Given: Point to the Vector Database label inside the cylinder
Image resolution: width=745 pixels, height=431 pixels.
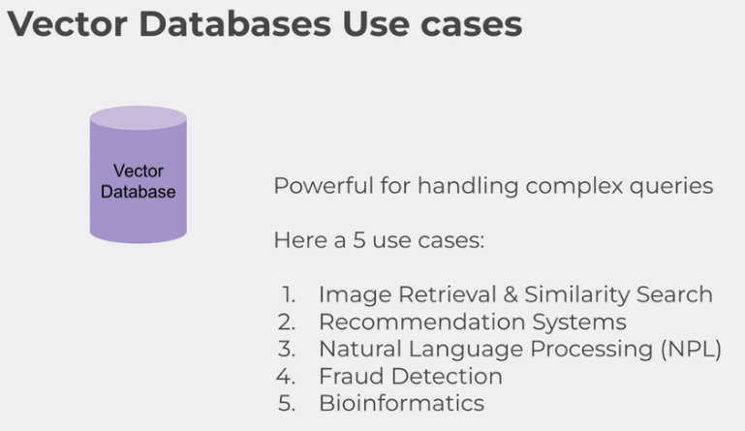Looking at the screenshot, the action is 139,181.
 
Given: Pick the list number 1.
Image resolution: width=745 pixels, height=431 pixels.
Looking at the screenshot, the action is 289,294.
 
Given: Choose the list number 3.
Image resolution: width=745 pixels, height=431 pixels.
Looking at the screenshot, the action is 288,349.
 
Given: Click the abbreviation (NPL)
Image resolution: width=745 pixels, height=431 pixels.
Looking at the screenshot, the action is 690,349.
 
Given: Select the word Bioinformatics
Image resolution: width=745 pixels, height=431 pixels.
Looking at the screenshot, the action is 401,403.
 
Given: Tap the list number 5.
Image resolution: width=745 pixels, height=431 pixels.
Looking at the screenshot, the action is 288,403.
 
